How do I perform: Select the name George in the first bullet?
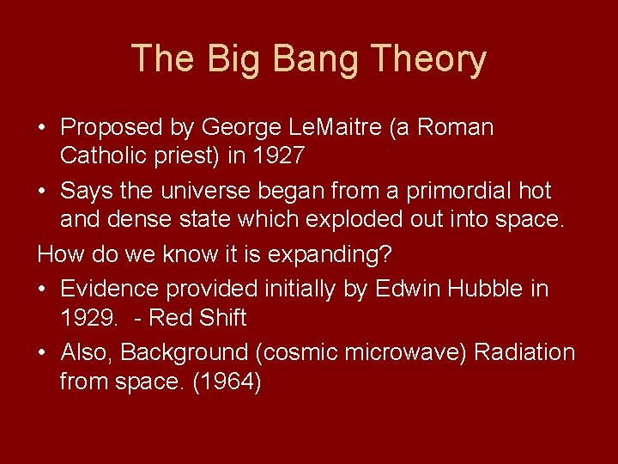239,128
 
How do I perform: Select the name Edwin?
409,290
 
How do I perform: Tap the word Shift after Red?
222,318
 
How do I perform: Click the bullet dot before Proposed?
42,129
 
